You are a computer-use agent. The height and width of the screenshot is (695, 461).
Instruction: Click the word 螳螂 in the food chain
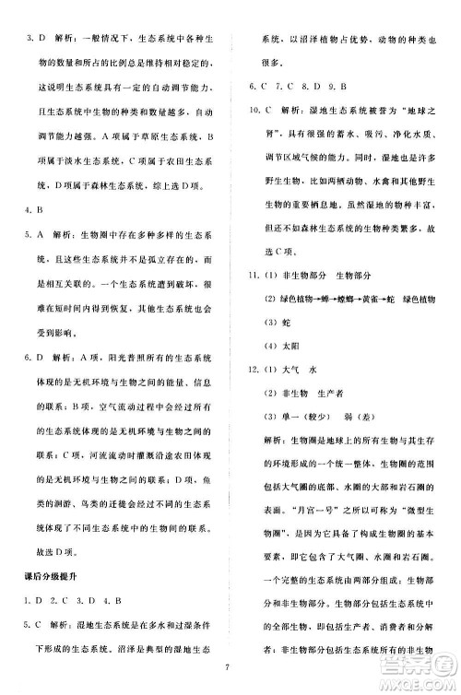click(325, 299)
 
